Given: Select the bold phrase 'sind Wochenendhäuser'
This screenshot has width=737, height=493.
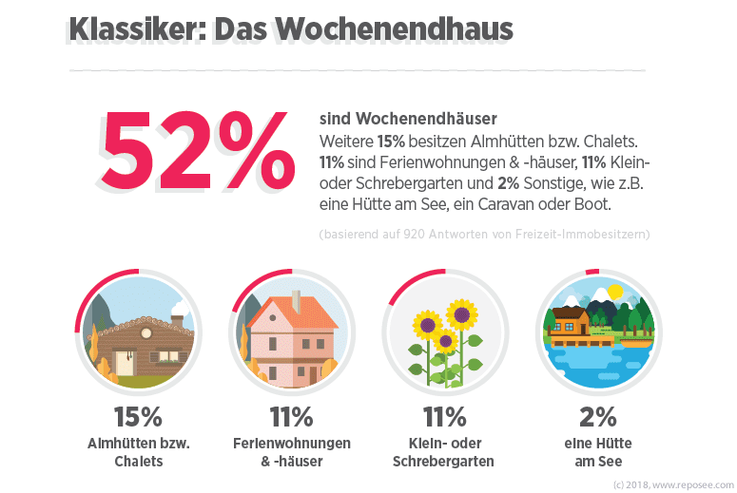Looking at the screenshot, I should point(408,120).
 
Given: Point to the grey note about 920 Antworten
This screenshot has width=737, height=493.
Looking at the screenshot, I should point(484,234).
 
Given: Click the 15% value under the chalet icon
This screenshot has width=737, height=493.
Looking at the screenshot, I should point(138,416).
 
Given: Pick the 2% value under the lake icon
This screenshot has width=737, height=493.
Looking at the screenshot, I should point(597,416).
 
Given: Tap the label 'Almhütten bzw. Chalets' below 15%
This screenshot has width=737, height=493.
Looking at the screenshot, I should point(138,452).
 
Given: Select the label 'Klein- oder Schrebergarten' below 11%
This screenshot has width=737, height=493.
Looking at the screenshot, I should point(442,452).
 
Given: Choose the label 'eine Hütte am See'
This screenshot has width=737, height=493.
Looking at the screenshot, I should point(597,452).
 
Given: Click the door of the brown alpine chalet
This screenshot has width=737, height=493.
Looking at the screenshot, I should point(125,362).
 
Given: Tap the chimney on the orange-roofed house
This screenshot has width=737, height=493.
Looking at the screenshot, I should point(297,301).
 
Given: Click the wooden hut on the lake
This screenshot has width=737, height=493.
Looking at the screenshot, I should point(571,320).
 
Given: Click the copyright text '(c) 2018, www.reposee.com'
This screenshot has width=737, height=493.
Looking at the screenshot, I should point(674,484).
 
